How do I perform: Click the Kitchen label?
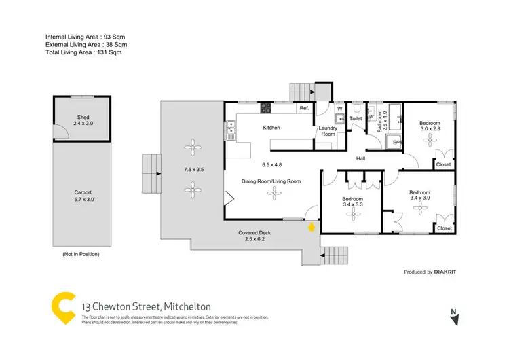coord(272,128)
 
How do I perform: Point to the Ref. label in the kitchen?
coord(304,109)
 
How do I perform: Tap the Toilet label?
coord(356,118)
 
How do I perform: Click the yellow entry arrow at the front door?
coord(312,228)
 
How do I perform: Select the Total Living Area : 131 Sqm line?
coord(86,52)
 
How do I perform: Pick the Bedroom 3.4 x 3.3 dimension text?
coord(352,204)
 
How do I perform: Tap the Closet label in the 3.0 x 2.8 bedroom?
coord(443,164)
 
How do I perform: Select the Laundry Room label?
coord(328,130)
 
